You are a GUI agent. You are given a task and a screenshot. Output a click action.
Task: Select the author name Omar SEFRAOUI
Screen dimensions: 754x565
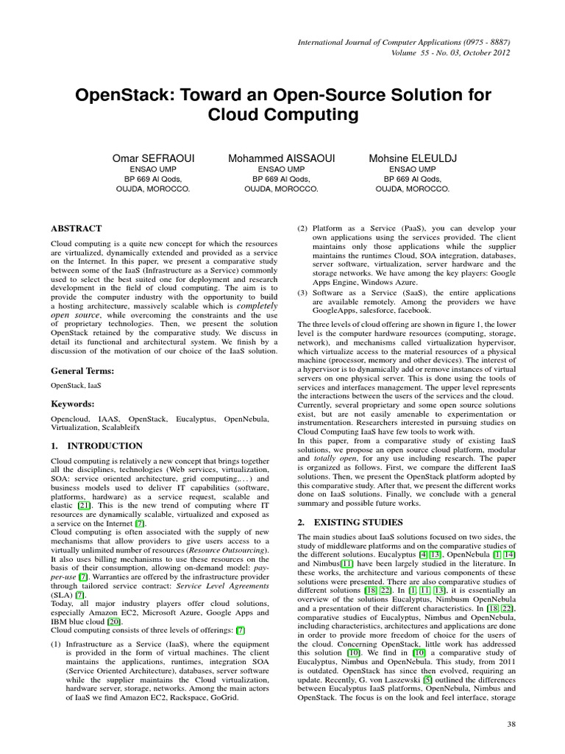(x=153, y=158)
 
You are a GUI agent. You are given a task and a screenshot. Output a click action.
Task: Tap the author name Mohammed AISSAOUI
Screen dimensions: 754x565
(x=281, y=158)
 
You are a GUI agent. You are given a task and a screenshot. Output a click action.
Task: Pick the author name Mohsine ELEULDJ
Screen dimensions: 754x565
(x=409, y=158)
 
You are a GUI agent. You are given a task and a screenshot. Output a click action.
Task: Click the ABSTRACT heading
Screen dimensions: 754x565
(x=76, y=229)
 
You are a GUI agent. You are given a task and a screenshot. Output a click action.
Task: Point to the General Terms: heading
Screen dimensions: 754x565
(x=82, y=370)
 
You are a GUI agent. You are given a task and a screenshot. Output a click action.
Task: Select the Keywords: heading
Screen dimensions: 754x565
(x=72, y=404)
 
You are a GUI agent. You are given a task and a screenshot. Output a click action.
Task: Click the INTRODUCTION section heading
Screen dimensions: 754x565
(x=105, y=445)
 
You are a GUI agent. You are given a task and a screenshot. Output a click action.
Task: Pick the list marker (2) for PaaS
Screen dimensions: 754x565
(x=302, y=229)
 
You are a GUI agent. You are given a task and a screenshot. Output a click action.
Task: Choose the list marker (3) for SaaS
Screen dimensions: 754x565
(x=302, y=294)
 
